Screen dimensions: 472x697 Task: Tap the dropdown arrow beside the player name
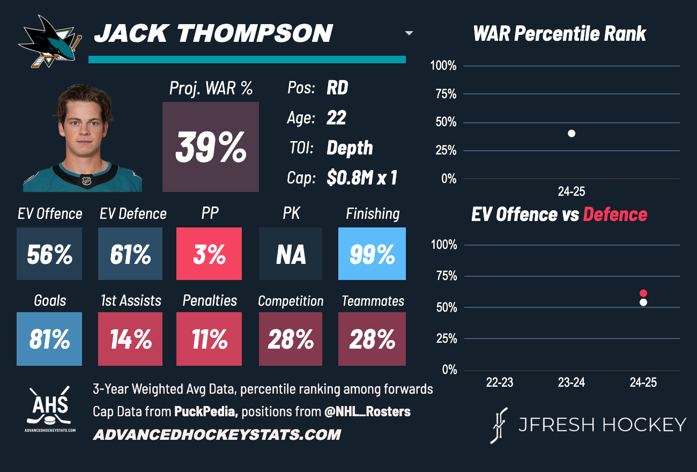409,33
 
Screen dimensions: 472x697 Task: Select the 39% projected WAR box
211,147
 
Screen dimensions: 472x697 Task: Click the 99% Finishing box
372,254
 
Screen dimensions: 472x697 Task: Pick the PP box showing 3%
209,254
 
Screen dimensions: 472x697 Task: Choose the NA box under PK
291,254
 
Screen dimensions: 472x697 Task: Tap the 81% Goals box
49,339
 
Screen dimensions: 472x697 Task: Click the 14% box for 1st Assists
130,339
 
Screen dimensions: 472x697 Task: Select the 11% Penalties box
209,339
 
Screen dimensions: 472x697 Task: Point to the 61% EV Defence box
130,254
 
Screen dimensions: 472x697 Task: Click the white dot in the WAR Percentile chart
572,134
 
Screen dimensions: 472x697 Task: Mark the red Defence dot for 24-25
643,293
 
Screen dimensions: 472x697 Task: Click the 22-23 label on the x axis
500,383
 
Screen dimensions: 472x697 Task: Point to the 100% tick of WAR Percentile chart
443,66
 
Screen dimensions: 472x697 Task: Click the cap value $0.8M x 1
362,178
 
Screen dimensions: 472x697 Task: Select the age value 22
336,118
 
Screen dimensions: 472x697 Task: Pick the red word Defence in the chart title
615,215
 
